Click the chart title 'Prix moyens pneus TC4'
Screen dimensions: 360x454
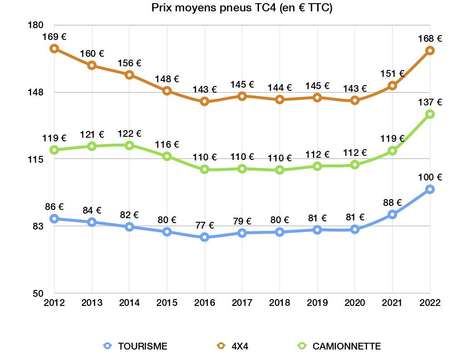pyautogui.click(x=241, y=8)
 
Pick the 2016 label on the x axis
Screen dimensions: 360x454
pyautogui.click(x=205, y=303)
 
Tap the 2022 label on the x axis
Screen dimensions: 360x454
pyautogui.click(x=430, y=303)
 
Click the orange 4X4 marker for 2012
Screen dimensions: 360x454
pyautogui.click(x=54, y=49)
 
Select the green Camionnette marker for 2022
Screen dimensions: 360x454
pyautogui.click(x=430, y=114)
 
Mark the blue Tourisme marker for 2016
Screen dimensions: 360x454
pyautogui.click(x=205, y=237)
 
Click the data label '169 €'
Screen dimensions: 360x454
pyautogui.click(x=54, y=36)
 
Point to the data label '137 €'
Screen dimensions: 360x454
pyautogui.click(x=430, y=102)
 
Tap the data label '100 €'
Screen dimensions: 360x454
pyautogui.click(x=430, y=177)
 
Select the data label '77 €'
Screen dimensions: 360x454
pyautogui.click(x=205, y=225)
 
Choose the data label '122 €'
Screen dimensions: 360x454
pyautogui.click(x=130, y=133)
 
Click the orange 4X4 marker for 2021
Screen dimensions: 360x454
pyautogui.click(x=392, y=85)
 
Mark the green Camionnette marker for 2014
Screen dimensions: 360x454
pyautogui.click(x=130, y=145)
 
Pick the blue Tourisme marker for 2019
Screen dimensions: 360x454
pyautogui.click(x=317, y=230)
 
